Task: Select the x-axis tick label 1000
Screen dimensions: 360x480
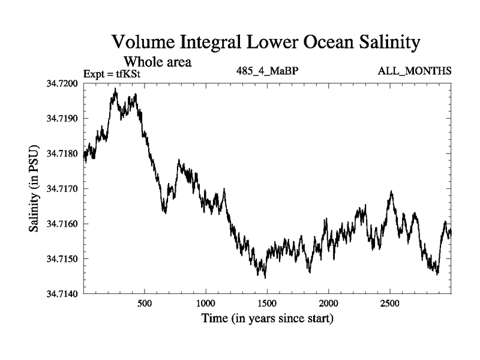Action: (206, 304)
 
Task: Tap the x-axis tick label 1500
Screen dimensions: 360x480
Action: (268, 304)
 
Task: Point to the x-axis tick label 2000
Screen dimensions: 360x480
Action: (329, 304)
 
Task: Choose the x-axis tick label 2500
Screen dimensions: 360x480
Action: (391, 304)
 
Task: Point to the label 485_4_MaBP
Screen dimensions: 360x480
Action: (268, 71)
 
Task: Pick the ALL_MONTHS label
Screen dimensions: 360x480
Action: (415, 71)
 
